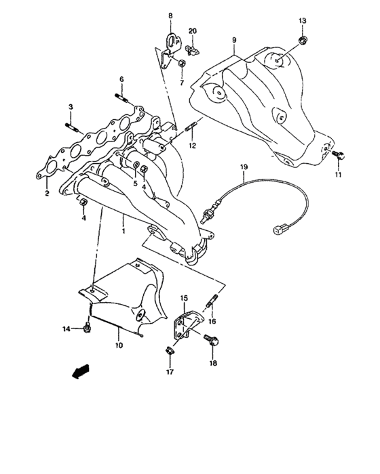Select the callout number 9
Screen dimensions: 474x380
coord(233,41)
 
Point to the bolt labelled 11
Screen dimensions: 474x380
coord(341,156)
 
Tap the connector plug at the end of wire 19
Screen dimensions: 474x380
coord(278,232)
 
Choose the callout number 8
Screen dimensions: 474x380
coord(170,15)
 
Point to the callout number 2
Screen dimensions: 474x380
coord(46,194)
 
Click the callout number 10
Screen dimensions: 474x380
coord(119,346)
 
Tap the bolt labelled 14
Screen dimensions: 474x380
coord(88,328)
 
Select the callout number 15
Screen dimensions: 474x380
coord(183,298)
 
